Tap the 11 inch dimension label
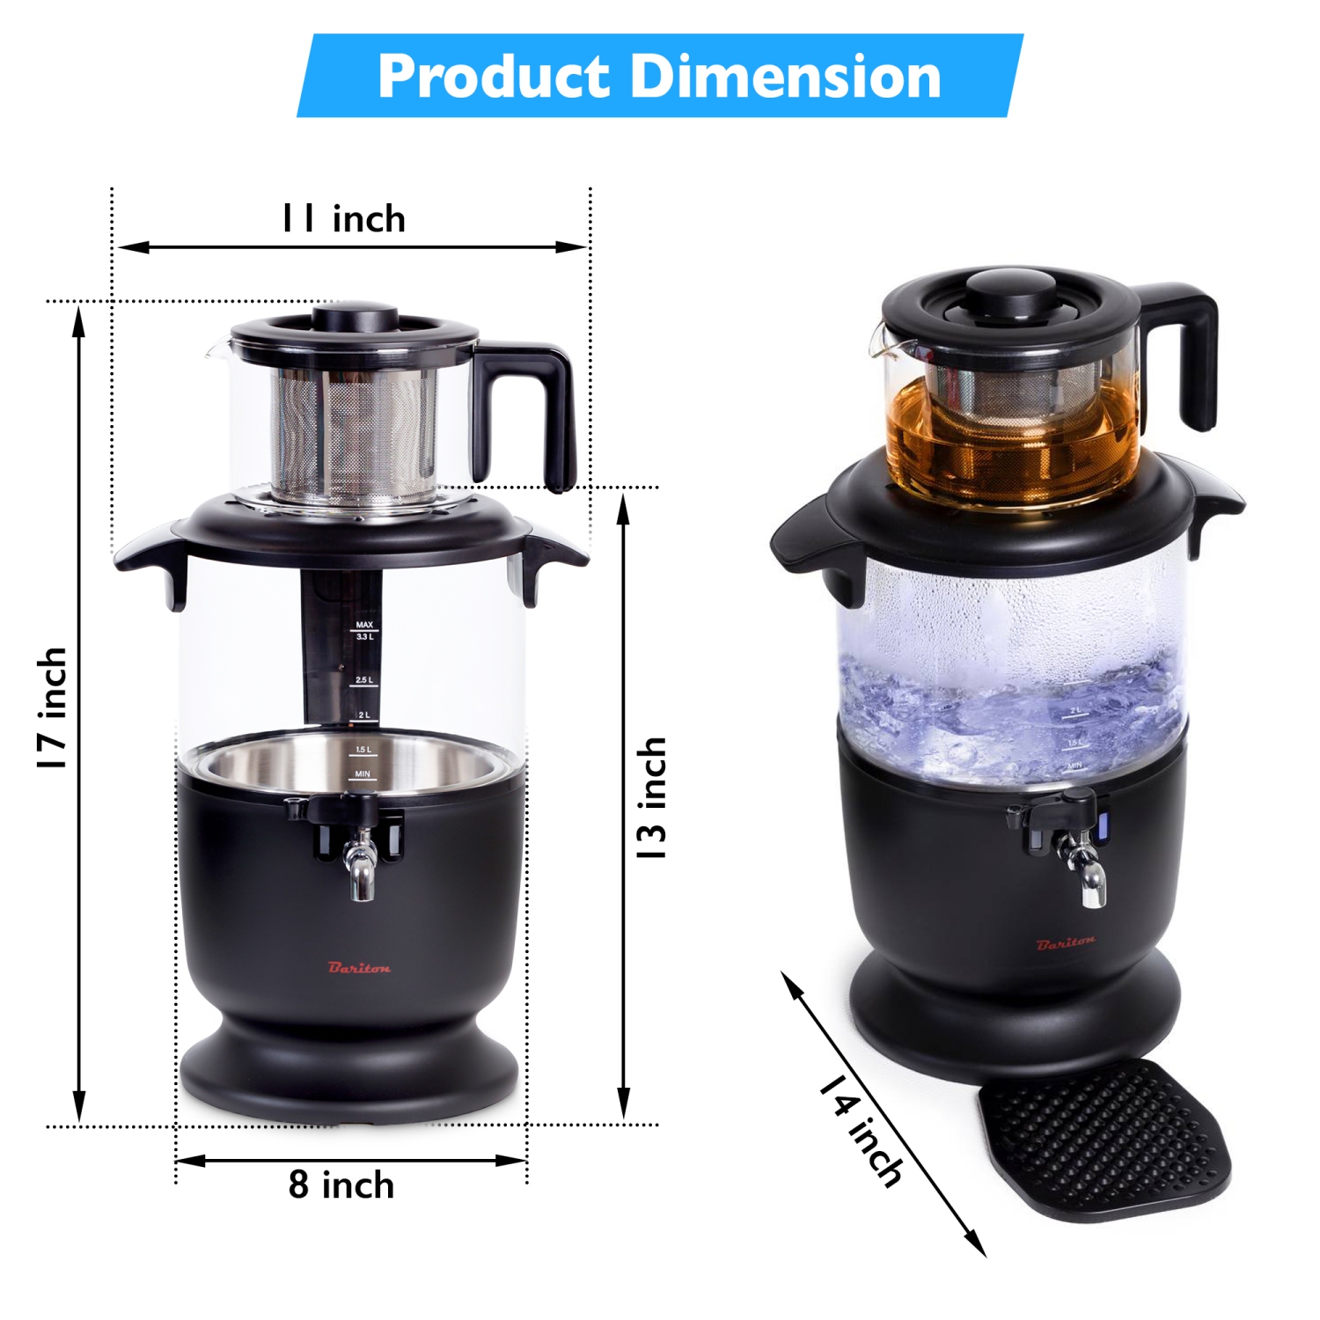tap(343, 219)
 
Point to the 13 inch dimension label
tap(652, 799)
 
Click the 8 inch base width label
tap(341, 1185)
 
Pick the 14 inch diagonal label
tap(861, 1130)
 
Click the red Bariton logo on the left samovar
tap(359, 968)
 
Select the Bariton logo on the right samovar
tap(1066, 943)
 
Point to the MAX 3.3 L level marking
tap(364, 630)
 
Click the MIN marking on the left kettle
tap(363, 774)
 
